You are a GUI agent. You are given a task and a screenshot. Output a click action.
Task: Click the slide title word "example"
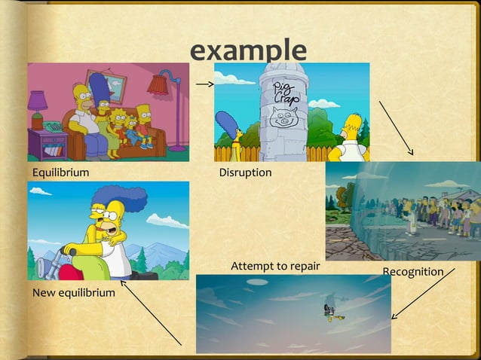coord(248,50)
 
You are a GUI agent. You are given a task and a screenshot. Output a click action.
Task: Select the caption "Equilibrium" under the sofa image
coord(60,172)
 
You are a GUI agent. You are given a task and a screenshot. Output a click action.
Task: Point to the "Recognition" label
coord(412,271)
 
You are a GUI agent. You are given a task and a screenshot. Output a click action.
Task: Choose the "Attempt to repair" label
coord(275,266)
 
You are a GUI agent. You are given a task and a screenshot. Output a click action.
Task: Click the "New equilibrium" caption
coord(73,291)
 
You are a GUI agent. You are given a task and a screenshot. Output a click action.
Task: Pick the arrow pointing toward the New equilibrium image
coord(150,313)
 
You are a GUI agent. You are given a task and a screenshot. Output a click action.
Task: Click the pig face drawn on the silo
coord(283,117)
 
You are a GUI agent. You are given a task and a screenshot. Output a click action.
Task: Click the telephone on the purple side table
coord(53,128)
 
